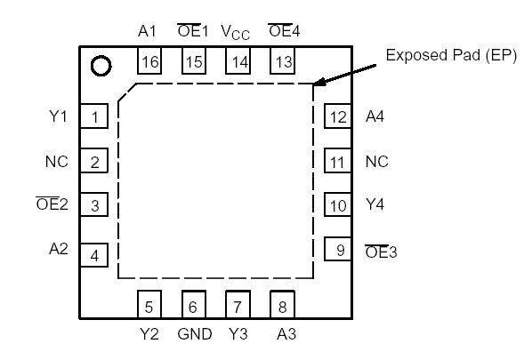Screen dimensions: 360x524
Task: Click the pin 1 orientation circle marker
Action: tap(101, 67)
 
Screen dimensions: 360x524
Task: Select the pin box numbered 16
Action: tap(148, 61)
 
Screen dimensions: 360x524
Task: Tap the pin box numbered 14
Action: tap(238, 61)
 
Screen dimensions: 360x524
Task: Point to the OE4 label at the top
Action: tap(284, 31)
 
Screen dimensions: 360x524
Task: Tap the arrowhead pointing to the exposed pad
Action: tap(317, 84)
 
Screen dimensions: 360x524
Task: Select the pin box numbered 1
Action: tap(94, 116)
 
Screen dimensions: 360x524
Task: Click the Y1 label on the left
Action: tap(56, 116)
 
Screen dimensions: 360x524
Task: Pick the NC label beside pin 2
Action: tap(55, 162)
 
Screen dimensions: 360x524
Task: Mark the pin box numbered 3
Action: tap(94, 206)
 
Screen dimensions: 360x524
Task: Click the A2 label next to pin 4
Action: tap(58, 250)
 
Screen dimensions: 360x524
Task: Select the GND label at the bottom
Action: tap(194, 335)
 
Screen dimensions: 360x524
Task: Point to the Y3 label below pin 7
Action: tap(238, 335)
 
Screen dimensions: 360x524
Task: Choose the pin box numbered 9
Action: tap(339, 250)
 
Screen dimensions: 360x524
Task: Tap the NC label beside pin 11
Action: tap(377, 162)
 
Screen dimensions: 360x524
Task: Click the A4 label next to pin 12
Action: tap(375, 116)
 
